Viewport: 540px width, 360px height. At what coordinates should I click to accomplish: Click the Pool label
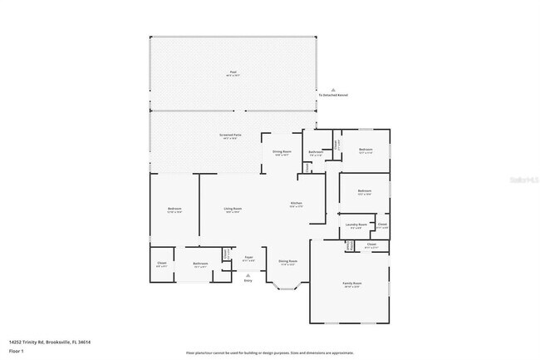pos(233,72)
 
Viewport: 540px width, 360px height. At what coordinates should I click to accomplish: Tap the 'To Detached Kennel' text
pos(332,95)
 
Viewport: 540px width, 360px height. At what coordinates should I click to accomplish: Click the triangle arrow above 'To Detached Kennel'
pos(332,89)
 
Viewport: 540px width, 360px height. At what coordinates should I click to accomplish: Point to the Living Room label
pos(233,208)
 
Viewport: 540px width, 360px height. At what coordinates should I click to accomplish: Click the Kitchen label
pos(295,204)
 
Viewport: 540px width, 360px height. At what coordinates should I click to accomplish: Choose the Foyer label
pos(248,258)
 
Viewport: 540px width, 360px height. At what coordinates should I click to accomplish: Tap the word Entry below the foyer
pos(248,281)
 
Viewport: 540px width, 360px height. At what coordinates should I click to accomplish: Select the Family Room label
pos(352,284)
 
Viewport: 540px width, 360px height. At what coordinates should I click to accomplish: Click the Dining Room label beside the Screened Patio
pos(282,152)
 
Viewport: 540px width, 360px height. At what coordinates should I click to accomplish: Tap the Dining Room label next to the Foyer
pos(287,261)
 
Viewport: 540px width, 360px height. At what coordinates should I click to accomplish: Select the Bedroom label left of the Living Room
pos(174,209)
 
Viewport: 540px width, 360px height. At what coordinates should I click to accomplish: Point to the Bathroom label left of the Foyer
pos(200,264)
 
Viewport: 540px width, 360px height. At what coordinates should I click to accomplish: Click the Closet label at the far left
pos(162,264)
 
